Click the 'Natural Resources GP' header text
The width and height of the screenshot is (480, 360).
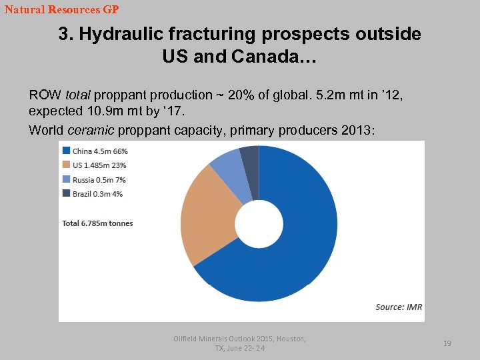pos(61,10)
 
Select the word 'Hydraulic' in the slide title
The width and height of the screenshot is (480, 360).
pos(119,34)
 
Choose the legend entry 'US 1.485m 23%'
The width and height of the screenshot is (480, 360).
pos(99,165)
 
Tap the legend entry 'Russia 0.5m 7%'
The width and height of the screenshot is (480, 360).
pos(99,180)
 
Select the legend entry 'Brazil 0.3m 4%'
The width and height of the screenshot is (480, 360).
pos(97,194)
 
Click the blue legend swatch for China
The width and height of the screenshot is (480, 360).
pos(66,151)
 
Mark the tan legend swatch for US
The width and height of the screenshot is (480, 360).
pos(66,165)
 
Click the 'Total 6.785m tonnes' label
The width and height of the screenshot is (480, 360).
pos(97,223)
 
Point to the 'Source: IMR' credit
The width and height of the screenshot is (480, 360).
pos(399,307)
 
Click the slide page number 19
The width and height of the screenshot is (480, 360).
pos(447,343)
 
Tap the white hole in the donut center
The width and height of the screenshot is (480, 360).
pos(259,224)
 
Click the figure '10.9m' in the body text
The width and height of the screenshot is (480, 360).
pos(92,110)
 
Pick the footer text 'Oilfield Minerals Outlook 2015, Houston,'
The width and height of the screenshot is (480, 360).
pos(239,339)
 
